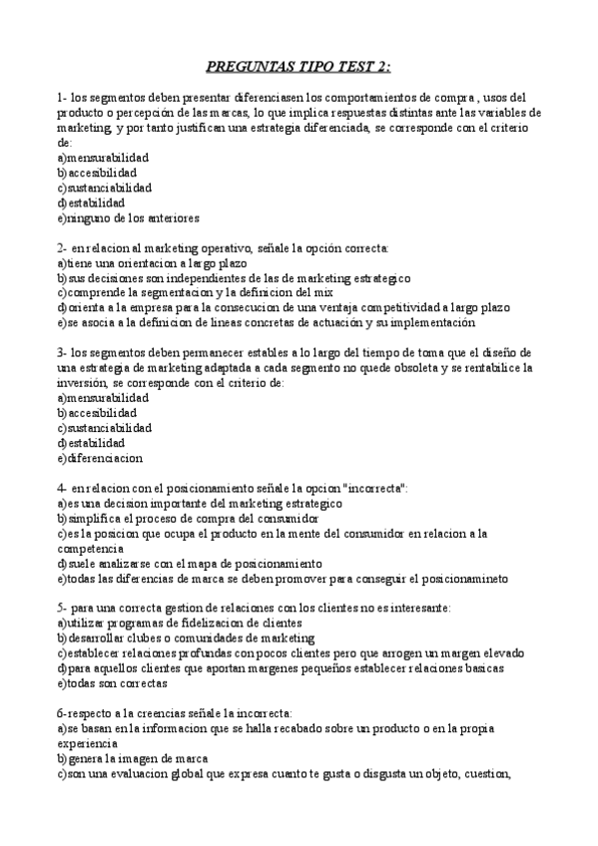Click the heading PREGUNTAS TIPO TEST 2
(x=299, y=68)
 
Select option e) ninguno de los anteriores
(x=129, y=217)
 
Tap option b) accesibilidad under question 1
(x=97, y=173)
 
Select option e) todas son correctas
(x=113, y=683)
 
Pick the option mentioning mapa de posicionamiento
(x=190, y=564)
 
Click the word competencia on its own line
(x=91, y=549)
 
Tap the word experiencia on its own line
(x=90, y=743)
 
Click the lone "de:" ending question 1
(x=65, y=143)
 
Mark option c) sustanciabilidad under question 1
(x=105, y=188)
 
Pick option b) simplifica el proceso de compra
(x=189, y=519)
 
